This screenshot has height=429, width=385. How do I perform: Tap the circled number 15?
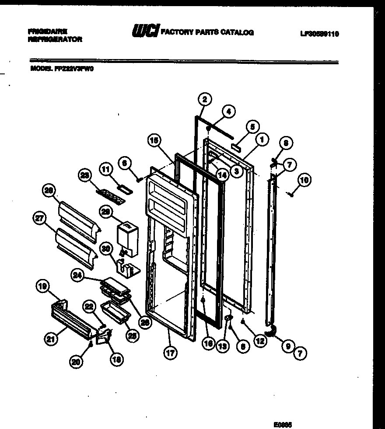point(154,141)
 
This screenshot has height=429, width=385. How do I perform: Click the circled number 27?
point(39,219)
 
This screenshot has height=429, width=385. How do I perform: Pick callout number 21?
point(52,338)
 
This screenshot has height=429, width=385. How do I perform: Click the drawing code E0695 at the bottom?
point(283,424)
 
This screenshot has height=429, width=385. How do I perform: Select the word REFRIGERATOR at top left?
point(54,39)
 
